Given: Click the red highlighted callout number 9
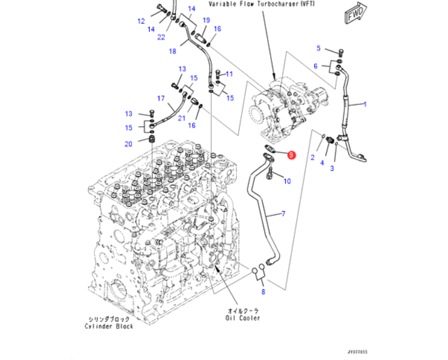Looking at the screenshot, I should pos(290,155).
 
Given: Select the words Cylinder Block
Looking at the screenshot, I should pos(108,326).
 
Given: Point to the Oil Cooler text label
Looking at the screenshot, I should pos(243,318).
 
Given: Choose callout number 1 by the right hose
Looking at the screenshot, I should pos(365,104).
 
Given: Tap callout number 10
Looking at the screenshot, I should pos(287,180).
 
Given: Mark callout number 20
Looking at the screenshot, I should pos(129,143).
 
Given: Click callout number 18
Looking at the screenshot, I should pos(173,51).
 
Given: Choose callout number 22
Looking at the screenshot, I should pos(161,37).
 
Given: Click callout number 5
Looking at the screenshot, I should pos(318,48).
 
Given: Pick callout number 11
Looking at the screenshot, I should pos(230,74).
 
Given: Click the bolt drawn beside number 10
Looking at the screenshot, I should pos(271,174).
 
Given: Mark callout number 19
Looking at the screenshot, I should pos(206,20).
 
